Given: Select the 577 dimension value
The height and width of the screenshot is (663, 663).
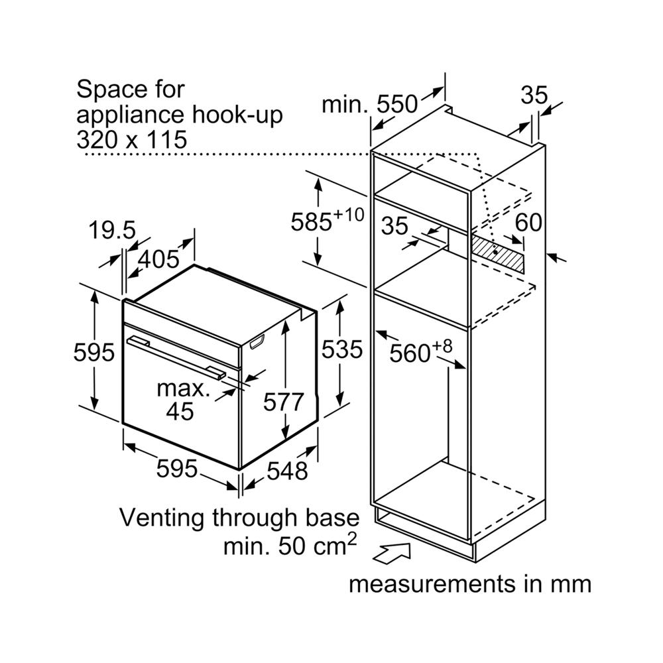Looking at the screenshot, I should (x=284, y=402).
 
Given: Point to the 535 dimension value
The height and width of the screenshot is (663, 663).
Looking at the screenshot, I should (x=342, y=349).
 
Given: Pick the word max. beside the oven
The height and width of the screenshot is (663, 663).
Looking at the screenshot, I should (x=184, y=388).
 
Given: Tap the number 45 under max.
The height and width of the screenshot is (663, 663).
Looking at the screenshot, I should (x=180, y=411).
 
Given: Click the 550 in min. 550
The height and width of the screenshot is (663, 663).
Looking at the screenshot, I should (x=398, y=104).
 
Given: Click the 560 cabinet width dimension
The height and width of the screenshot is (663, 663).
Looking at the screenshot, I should (x=412, y=353).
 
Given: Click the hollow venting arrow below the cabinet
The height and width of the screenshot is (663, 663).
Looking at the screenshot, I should (x=394, y=552).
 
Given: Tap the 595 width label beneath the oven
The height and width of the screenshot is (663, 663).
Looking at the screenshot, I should (x=177, y=469).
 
